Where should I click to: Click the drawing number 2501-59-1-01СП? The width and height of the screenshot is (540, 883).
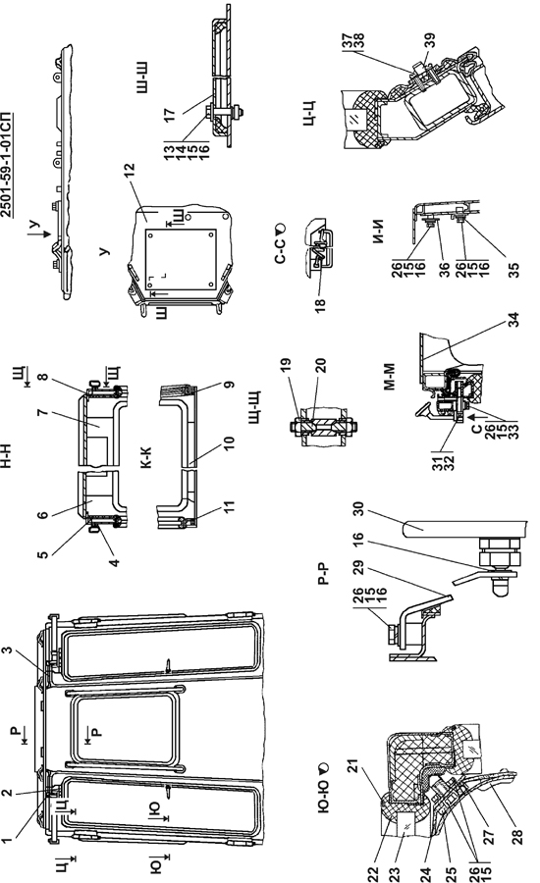[7, 166]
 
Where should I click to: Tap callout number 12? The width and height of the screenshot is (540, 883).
[130, 171]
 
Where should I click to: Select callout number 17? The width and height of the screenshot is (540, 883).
[170, 116]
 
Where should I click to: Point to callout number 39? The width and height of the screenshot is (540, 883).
[430, 40]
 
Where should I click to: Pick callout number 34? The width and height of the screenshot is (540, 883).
[513, 320]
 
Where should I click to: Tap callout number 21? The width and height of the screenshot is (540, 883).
[352, 767]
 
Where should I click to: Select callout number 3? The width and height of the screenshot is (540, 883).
[7, 650]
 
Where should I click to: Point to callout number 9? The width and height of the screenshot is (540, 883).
[229, 385]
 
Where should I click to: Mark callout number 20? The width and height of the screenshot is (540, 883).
[321, 366]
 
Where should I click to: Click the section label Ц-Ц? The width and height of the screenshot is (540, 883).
[309, 113]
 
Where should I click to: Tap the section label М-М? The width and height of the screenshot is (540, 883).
[390, 377]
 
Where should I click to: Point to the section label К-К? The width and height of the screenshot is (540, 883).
[146, 456]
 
